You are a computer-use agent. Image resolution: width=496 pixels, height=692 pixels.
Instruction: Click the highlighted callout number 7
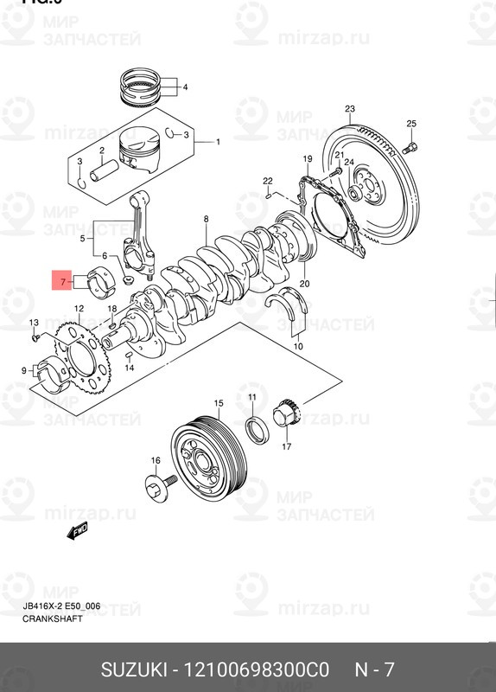pos(63,282)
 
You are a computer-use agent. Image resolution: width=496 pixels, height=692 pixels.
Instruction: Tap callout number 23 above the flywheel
pos(349,109)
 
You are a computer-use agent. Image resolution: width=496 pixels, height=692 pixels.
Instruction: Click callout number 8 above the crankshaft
pos(206,221)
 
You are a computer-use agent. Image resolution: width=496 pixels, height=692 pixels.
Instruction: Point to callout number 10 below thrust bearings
pos(298,346)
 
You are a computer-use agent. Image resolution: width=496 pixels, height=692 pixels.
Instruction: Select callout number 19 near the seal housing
pos(307,159)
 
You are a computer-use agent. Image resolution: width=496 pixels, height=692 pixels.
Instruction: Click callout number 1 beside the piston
pos(217,142)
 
